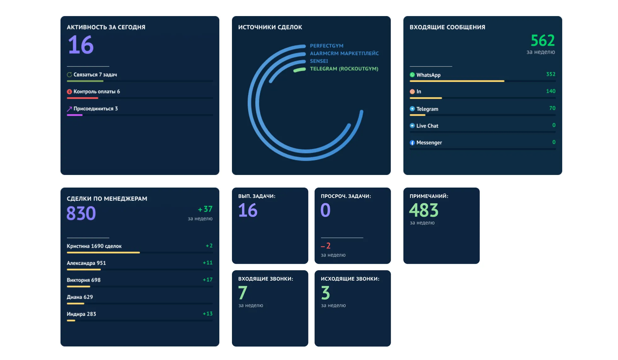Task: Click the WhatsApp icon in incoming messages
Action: [x=412, y=75]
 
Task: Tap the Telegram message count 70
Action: [x=552, y=108]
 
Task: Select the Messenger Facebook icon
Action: [x=412, y=143]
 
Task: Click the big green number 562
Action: [x=542, y=41]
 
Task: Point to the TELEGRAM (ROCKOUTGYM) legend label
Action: [x=344, y=69]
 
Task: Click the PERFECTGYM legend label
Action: [x=326, y=46]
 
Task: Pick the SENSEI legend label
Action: [x=319, y=61]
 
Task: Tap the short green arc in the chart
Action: [x=299, y=70]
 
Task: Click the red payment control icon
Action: [x=69, y=92]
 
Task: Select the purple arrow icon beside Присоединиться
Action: [x=69, y=109]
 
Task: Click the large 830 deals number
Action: [x=81, y=213]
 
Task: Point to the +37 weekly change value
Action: [x=205, y=209]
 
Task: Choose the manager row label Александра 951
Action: [x=86, y=263]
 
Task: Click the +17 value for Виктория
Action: [x=207, y=280]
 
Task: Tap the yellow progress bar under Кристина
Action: [x=103, y=253]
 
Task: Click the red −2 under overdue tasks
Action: [x=326, y=246]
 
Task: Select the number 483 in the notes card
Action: [x=424, y=210]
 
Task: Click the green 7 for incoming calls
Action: [x=243, y=293]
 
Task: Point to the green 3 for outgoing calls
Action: [x=325, y=293]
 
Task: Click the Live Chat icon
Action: [x=412, y=126]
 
